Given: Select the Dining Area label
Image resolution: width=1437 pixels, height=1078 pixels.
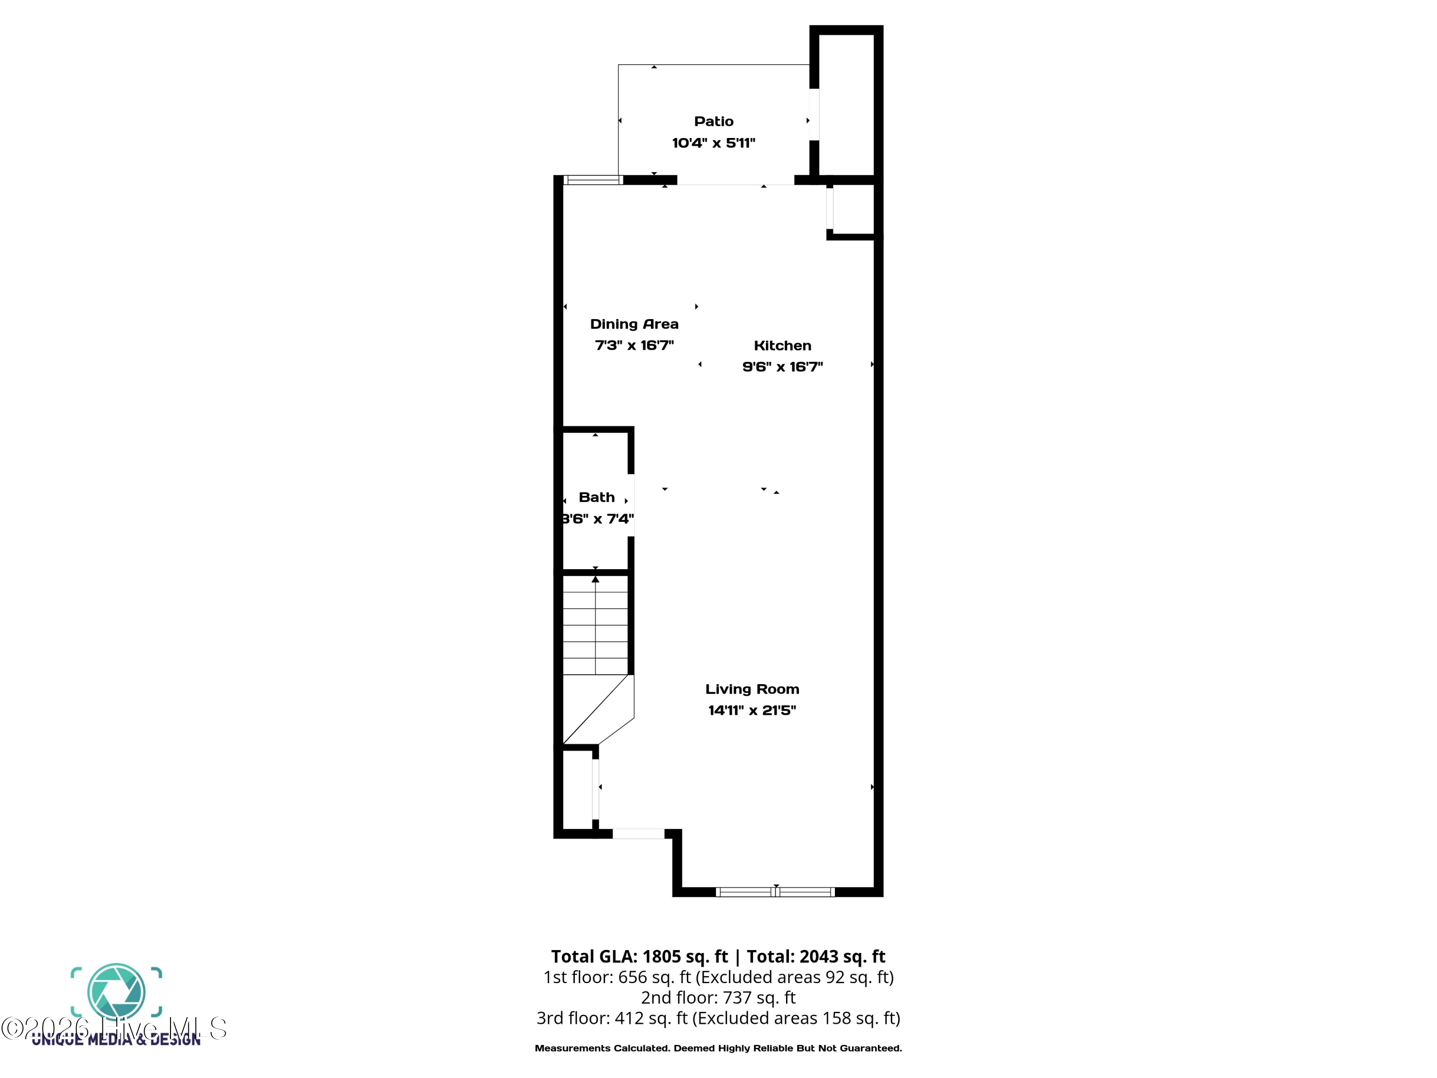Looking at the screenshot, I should [634, 324].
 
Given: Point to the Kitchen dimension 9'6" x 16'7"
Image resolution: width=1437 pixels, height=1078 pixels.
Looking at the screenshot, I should [782, 367].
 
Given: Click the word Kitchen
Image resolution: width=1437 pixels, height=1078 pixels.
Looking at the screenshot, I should [782, 346].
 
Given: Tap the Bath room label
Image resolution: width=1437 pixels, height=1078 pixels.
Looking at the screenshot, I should [596, 498].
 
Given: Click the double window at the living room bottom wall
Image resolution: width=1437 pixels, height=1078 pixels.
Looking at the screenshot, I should [775, 892].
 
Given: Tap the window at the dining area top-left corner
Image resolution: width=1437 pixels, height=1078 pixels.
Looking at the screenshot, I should [593, 180].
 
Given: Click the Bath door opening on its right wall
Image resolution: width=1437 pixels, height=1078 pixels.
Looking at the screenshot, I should [631, 505].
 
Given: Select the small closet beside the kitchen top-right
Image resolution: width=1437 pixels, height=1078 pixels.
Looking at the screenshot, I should [852, 209].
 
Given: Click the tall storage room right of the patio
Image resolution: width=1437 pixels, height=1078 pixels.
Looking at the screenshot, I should [846, 104].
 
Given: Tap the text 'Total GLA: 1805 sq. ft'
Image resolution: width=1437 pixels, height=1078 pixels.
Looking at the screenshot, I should [639, 956].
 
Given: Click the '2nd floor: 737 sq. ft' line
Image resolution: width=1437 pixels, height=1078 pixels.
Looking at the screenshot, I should [718, 998].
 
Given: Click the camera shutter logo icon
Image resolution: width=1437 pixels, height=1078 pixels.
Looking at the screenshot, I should [116, 992].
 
